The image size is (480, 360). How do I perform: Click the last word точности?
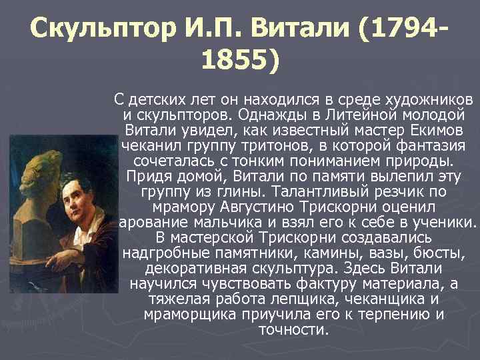coord(297,329)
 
